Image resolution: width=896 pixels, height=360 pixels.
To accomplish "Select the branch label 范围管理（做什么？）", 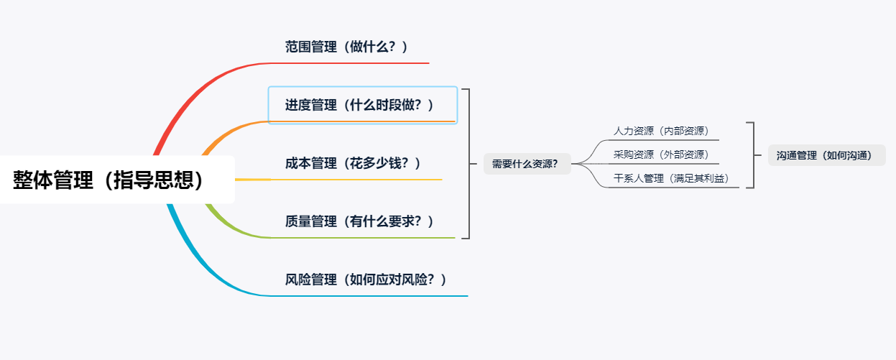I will point(347,47).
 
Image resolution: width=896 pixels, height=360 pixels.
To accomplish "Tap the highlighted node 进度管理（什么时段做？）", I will point(360,105).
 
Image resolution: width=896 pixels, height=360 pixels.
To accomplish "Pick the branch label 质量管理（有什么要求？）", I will point(360,221).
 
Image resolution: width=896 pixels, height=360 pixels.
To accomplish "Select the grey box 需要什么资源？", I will point(525,164).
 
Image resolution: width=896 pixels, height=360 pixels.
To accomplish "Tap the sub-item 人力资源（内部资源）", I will point(661,131).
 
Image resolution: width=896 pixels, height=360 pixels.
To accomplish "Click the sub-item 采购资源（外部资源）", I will point(661,154).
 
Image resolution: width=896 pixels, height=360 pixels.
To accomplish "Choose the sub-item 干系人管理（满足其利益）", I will point(676,178).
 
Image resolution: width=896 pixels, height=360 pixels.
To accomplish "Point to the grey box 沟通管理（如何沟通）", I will point(826,155).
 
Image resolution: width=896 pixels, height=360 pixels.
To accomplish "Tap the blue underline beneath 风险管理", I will point(374,295).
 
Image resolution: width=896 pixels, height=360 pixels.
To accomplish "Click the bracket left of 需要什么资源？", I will point(467,164).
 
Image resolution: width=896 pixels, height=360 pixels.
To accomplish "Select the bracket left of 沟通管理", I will point(752,155).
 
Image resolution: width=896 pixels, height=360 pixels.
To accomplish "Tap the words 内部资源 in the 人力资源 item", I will point(685,131).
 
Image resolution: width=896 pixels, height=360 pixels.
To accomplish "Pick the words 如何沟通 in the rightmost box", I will point(851,155).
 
